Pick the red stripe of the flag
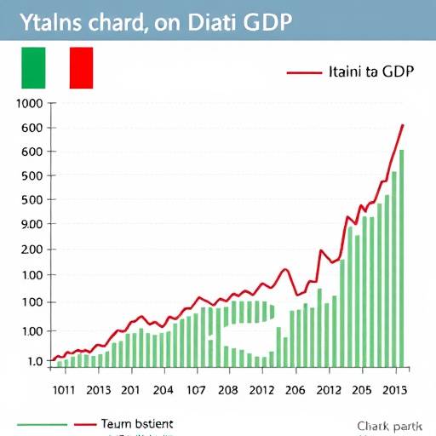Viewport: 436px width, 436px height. [x=81, y=67]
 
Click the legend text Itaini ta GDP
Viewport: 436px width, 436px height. [x=370, y=72]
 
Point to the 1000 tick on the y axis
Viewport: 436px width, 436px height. [x=29, y=104]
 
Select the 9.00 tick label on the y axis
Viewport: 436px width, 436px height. [x=31, y=224]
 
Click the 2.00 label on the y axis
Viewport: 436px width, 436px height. [x=31, y=250]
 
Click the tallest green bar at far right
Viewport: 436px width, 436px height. [x=401, y=255]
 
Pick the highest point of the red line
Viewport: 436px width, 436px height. [x=403, y=125]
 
